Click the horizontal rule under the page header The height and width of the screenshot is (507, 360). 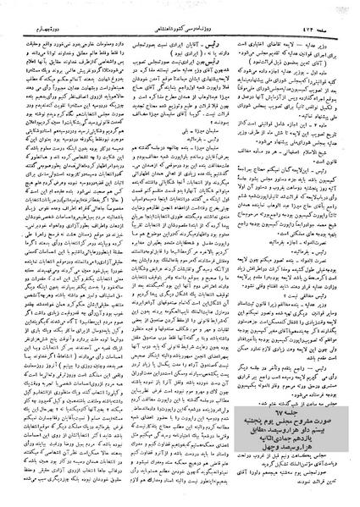pos(180,21)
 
